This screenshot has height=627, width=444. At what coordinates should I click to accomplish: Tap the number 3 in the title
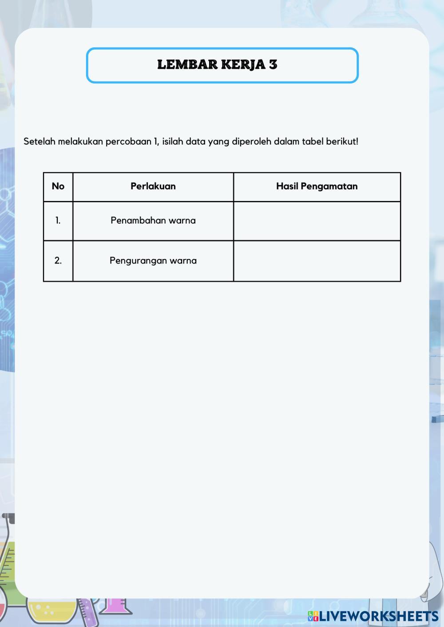click(273, 65)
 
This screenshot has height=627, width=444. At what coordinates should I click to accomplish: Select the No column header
click(58, 187)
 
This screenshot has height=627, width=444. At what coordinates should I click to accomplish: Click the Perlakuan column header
click(153, 187)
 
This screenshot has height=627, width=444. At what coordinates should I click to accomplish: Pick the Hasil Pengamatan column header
click(317, 187)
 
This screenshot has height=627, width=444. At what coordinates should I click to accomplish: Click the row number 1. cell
click(58, 221)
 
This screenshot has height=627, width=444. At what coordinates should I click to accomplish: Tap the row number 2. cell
click(58, 261)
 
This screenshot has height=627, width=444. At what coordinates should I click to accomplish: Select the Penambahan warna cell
click(153, 221)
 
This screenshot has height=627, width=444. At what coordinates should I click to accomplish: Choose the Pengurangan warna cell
click(153, 261)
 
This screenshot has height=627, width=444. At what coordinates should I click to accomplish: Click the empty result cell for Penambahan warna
click(317, 221)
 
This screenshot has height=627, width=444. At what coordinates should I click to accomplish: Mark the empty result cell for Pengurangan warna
click(317, 261)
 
